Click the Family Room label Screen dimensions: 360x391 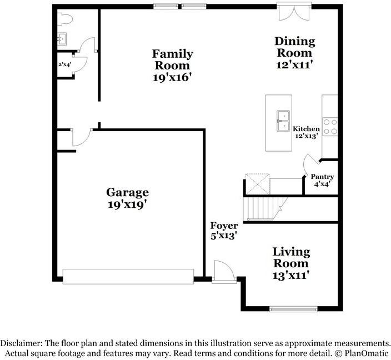(x=173, y=66)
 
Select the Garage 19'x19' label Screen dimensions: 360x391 (x=127, y=198)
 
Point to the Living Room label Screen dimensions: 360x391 (x=290, y=263)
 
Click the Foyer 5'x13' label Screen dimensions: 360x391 (x=224, y=231)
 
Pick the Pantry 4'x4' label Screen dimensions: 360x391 (x=322, y=181)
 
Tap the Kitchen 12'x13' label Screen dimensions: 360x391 (x=306, y=132)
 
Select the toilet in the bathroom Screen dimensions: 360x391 (x=64, y=19)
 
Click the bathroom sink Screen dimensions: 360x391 (x=62, y=39)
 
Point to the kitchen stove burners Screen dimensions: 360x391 (x=330, y=127)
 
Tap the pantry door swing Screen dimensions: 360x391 (x=310, y=163)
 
